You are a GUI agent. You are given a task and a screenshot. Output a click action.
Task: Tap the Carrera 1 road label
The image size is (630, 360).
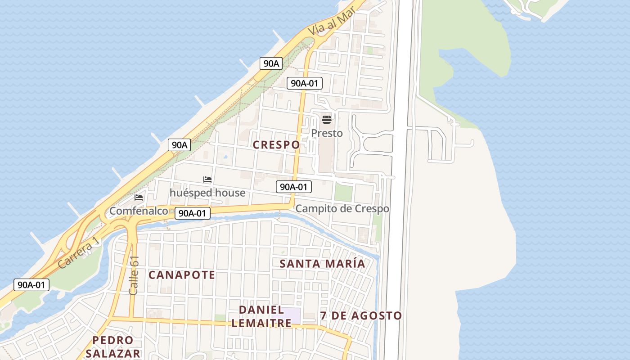coord(78,254)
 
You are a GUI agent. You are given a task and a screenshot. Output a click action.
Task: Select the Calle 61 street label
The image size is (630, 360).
coord(134,275)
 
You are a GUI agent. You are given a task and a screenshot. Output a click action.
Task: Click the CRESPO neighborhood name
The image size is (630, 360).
coord(276,145)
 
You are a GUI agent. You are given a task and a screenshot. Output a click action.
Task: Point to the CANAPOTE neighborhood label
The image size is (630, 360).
coord(182,275)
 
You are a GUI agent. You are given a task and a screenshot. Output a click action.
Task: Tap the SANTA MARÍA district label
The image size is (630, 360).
coord(322,264)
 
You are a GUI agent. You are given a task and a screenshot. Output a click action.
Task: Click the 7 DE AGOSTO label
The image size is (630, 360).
coord(361,316)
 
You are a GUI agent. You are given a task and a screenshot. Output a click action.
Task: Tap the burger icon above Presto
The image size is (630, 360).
coord(327,120)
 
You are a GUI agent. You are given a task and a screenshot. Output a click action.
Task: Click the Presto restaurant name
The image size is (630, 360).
coord(327,133)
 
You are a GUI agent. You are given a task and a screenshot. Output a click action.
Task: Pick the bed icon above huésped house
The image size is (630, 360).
coord(207,180)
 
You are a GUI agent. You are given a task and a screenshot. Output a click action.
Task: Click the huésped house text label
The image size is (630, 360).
coord(207,193)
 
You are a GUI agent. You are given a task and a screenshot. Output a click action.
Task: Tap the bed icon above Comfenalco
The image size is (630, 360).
coord(139,197)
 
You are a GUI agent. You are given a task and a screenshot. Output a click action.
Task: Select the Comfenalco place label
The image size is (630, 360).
coord(139,211)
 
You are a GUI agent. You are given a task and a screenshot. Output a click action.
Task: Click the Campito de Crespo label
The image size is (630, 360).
coord(342,209)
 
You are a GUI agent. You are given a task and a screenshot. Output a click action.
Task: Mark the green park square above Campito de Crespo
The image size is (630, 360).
coord(343,192)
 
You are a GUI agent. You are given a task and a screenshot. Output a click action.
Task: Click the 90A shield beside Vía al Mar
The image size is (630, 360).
coord(271,63)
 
